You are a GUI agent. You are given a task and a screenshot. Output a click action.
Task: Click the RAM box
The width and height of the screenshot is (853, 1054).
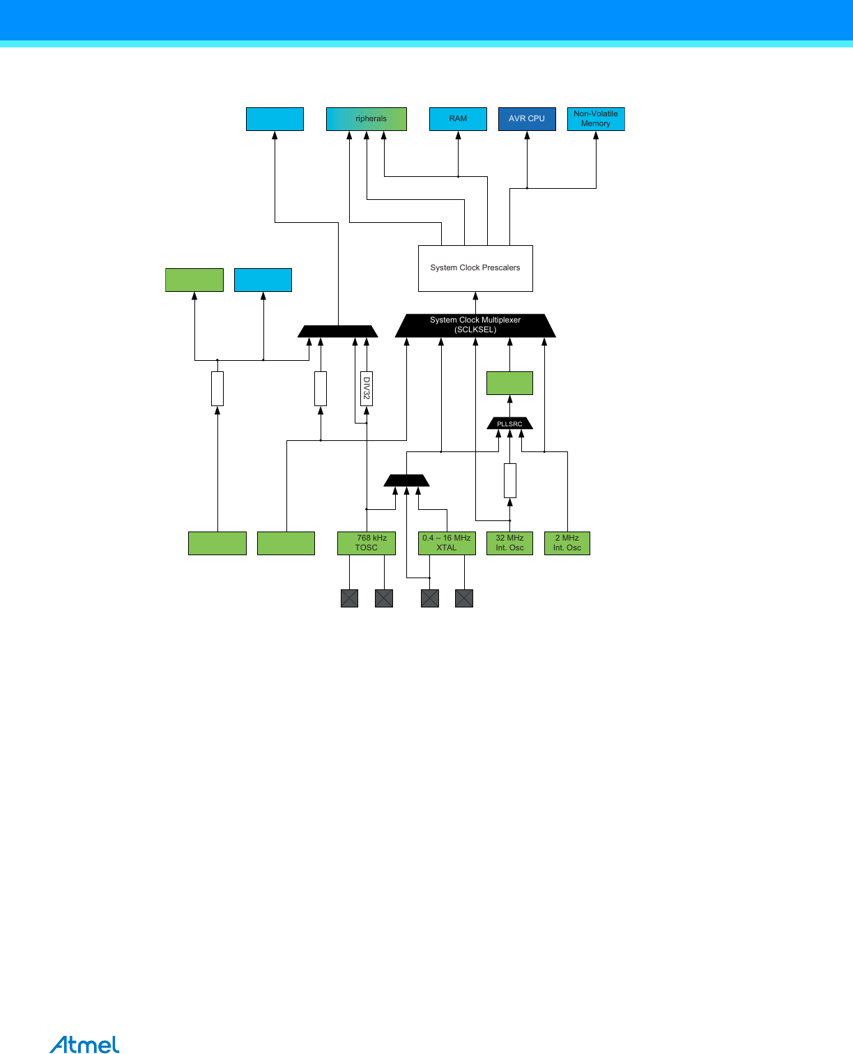click(458, 119)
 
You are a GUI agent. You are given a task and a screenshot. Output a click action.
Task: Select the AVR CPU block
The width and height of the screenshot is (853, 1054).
click(527, 119)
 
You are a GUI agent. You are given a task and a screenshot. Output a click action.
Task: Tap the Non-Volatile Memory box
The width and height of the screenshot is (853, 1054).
click(596, 119)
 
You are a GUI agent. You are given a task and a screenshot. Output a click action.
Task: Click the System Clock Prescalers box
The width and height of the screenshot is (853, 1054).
click(475, 268)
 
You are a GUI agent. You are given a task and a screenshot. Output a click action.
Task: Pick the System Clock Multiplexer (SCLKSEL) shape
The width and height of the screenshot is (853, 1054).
click(475, 325)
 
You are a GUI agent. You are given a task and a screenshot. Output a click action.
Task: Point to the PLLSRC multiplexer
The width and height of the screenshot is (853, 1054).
click(509, 424)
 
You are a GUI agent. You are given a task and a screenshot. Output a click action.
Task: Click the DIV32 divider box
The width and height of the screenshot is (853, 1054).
click(367, 389)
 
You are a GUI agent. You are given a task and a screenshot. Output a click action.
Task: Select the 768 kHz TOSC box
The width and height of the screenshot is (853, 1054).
click(367, 543)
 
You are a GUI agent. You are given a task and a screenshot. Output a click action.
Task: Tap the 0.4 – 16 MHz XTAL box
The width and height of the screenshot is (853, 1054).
click(447, 543)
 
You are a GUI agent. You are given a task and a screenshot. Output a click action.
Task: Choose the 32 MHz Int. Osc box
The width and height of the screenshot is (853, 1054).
click(509, 543)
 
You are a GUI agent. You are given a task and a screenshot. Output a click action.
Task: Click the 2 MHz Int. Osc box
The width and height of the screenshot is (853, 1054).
click(567, 543)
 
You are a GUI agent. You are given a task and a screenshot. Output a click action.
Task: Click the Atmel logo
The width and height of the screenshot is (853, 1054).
click(84, 1045)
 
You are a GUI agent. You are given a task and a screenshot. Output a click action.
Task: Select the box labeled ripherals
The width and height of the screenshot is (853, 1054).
click(367, 119)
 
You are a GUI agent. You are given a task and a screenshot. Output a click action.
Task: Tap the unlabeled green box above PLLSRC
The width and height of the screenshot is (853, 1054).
click(509, 383)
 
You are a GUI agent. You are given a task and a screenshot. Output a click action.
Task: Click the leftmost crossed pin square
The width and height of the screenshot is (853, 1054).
click(349, 598)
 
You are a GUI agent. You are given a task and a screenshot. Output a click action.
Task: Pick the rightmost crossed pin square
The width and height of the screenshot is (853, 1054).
click(464, 598)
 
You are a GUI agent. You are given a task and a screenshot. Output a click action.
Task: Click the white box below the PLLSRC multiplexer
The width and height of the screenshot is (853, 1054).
click(510, 481)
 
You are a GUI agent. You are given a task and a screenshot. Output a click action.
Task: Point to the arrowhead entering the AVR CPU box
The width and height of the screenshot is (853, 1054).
click(527, 135)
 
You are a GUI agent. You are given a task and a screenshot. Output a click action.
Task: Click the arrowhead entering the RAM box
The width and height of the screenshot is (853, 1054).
click(458, 135)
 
